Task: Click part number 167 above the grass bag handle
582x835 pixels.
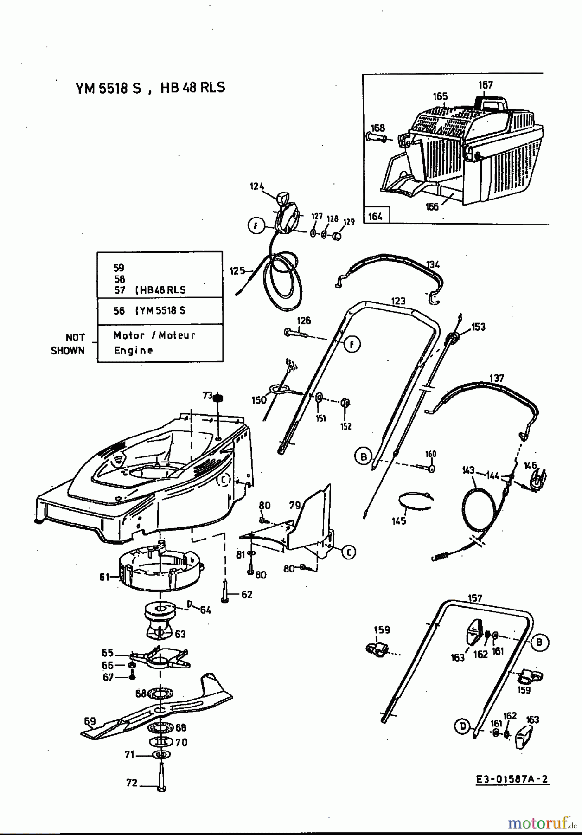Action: pyautogui.click(x=486, y=85)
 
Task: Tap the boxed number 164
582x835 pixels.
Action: pyautogui.click(x=375, y=216)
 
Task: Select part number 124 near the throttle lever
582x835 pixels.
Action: pyautogui.click(x=257, y=186)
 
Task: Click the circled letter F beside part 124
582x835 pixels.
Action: pyautogui.click(x=256, y=226)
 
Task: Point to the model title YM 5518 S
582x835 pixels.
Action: pyautogui.click(x=108, y=88)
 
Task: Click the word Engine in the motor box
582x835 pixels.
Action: pyautogui.click(x=134, y=350)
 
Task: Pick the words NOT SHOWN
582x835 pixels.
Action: pyautogui.click(x=69, y=344)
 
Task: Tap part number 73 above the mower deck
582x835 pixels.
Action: pyautogui.click(x=207, y=395)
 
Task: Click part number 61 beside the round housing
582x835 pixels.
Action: pyautogui.click(x=104, y=577)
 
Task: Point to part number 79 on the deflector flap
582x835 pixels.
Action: pyautogui.click(x=295, y=505)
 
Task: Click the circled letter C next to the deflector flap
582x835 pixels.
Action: pyautogui.click(x=348, y=552)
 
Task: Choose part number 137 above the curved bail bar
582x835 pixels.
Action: pyautogui.click(x=497, y=378)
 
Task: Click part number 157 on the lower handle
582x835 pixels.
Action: pyautogui.click(x=475, y=598)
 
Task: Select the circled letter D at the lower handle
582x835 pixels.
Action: pyautogui.click(x=462, y=726)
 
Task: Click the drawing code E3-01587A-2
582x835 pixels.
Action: pyautogui.click(x=512, y=779)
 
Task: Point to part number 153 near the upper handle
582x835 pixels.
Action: pyautogui.click(x=478, y=327)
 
